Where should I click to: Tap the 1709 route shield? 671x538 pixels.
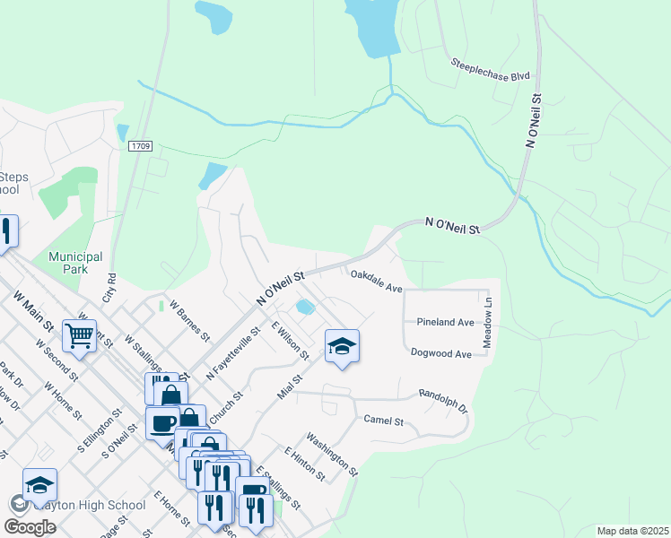[140, 146]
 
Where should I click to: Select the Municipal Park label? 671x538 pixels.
[75, 263]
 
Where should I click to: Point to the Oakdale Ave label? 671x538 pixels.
[375, 281]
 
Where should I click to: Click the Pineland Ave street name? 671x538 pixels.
[445, 322]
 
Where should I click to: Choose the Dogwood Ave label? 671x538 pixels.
[440, 354]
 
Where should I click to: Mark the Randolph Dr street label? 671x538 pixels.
[443, 399]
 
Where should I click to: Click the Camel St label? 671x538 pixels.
[384, 420]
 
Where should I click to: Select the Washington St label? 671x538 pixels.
[332, 454]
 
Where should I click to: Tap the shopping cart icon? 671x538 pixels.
[80, 336]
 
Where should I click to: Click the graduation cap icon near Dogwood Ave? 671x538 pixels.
[342, 346]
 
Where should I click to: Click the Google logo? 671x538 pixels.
[31, 526]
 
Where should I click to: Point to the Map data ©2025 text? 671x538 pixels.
[632, 531]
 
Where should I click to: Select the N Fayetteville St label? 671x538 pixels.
[232, 354]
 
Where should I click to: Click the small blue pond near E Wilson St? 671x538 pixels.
[305, 308]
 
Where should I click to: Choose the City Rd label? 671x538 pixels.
[111, 288]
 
